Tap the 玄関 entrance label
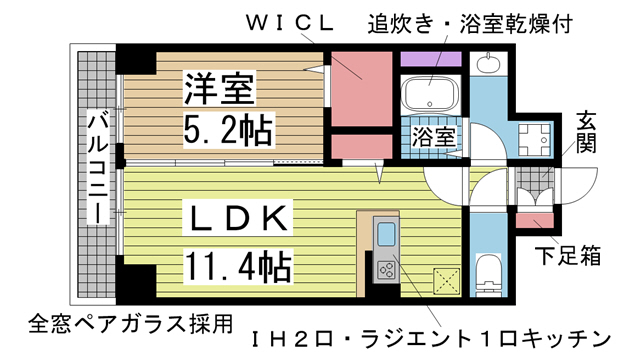click(x=586, y=131)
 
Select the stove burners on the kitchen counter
click(x=387, y=268)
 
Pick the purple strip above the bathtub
click(x=430, y=58)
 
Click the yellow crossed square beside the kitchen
click(x=445, y=279)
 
